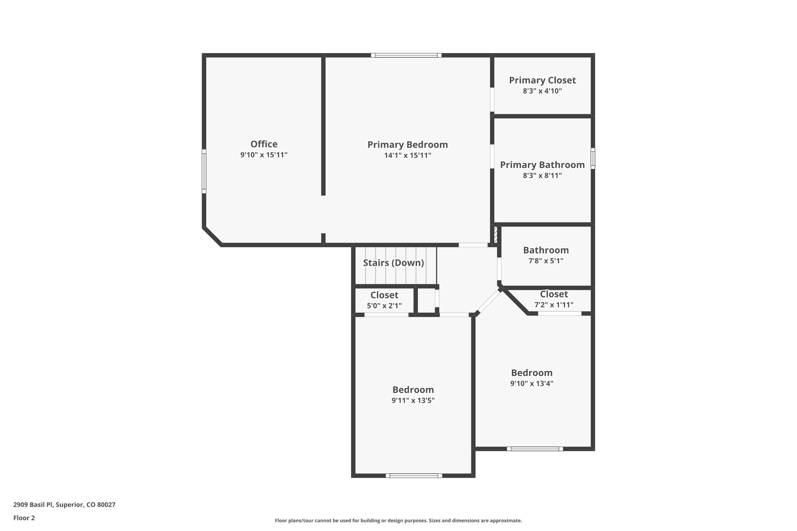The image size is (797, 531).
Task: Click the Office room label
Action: (264, 144)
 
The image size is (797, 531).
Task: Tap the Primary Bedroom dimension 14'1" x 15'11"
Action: (407, 156)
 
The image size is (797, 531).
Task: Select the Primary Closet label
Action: (542, 80)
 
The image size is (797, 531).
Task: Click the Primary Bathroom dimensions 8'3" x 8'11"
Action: (542, 175)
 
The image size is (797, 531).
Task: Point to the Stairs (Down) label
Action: (393, 263)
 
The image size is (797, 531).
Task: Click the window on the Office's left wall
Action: (204, 171)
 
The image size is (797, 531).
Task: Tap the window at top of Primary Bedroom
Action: (406, 55)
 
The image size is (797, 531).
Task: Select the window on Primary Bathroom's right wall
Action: (593, 158)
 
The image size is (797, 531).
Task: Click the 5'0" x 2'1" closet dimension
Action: (384, 306)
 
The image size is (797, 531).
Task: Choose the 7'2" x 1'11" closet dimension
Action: (553, 305)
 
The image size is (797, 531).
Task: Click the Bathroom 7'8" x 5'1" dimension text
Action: (546, 261)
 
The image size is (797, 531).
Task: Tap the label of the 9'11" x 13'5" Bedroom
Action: (413, 390)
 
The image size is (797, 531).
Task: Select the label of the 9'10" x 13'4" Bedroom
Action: (532, 373)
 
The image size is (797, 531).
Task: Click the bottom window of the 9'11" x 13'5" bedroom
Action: (414, 475)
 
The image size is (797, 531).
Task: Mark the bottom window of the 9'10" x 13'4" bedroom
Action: (535, 449)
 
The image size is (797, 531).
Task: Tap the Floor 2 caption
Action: (24, 518)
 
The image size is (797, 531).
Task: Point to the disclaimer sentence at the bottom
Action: (398, 520)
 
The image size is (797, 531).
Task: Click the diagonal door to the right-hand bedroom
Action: (489, 301)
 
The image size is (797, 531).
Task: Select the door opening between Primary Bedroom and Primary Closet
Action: (492, 100)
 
